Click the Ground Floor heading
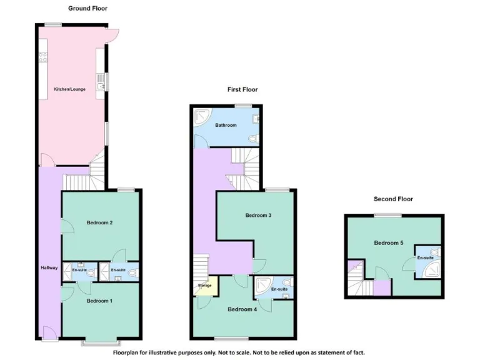pyautogui.click(x=87, y=9)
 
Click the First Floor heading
pyautogui.click(x=242, y=89)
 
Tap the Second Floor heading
pyautogui.click(x=393, y=199)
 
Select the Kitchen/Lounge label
pyautogui.click(x=69, y=89)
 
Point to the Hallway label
pyautogui.click(x=49, y=268)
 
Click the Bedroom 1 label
pyautogui.click(x=99, y=301)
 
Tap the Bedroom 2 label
pyautogui.click(x=99, y=223)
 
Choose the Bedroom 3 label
pyautogui.click(x=257, y=216)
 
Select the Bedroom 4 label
pyautogui.click(x=241, y=309)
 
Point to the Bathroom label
pyautogui.click(x=226, y=126)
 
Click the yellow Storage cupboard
pyautogui.click(x=205, y=286)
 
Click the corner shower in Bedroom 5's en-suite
pyautogui.click(x=432, y=269)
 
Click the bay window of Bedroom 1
pyautogui.click(x=100, y=342)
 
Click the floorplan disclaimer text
pyautogui.click(x=239, y=352)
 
